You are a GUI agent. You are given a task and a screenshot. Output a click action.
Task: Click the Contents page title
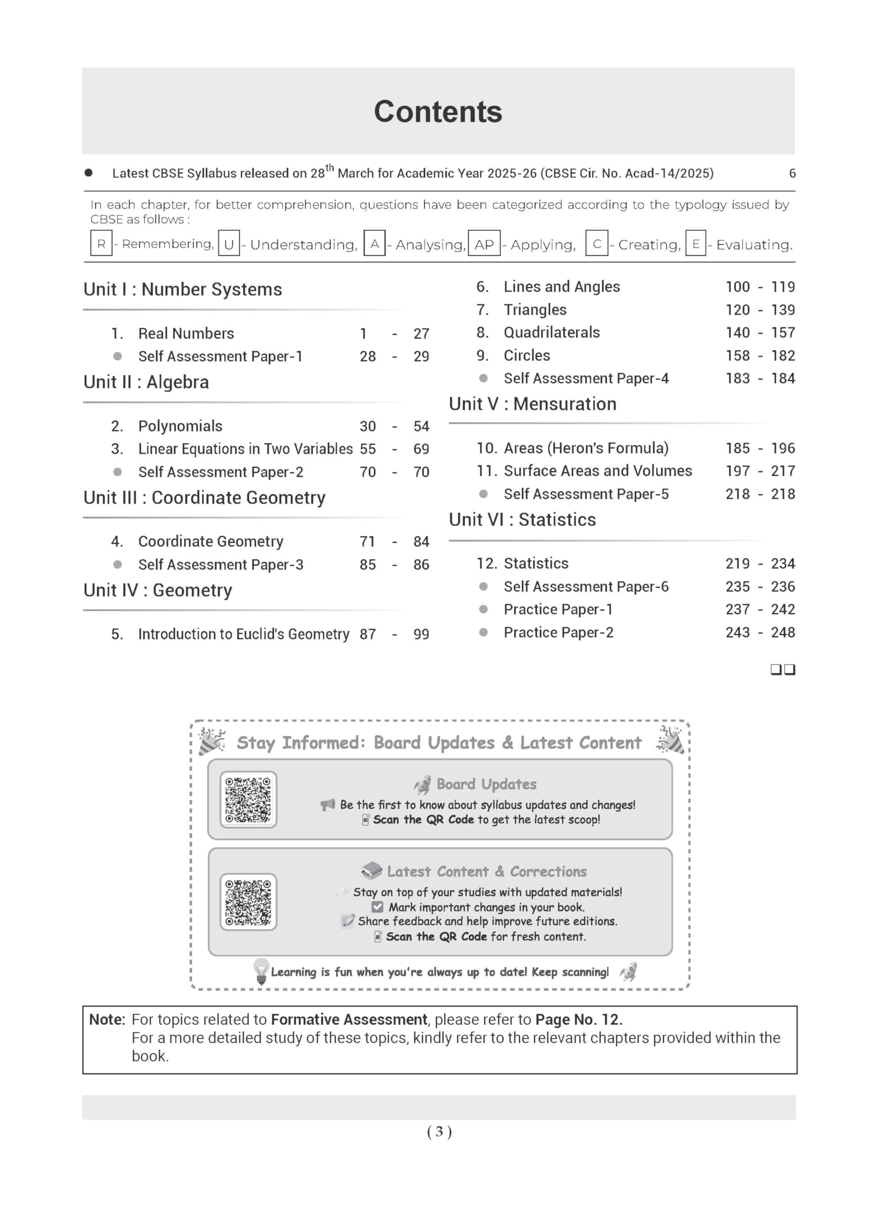pyautogui.click(x=438, y=112)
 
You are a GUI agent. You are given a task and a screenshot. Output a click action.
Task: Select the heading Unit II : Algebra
pyautogui.click(x=146, y=382)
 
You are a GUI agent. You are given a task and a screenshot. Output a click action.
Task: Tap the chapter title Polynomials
pyautogui.click(x=180, y=426)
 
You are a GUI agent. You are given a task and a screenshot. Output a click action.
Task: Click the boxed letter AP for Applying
pyautogui.click(x=484, y=244)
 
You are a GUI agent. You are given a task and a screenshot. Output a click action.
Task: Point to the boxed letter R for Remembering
pyautogui.click(x=101, y=244)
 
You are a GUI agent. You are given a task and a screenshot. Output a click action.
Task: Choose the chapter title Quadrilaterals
pyautogui.click(x=551, y=333)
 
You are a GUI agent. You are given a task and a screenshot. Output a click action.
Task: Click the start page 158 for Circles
pyautogui.click(x=737, y=356)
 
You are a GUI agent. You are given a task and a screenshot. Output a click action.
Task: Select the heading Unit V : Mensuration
pyautogui.click(x=532, y=404)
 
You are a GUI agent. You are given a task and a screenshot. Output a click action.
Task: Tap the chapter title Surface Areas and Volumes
pyautogui.click(x=598, y=471)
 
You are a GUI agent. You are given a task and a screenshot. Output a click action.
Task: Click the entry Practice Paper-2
pyautogui.click(x=558, y=633)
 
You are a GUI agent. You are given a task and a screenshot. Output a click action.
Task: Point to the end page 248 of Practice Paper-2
pyautogui.click(x=783, y=633)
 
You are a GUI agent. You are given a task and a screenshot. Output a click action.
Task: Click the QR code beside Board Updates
pyautogui.click(x=248, y=799)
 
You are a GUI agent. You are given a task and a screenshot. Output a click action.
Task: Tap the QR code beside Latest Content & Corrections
pyautogui.click(x=248, y=902)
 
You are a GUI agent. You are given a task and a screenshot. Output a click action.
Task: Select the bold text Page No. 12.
pyautogui.click(x=579, y=1019)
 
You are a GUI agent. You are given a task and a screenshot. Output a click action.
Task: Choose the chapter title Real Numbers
pyautogui.click(x=186, y=334)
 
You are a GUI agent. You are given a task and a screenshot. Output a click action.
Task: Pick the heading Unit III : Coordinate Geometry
pyautogui.click(x=204, y=498)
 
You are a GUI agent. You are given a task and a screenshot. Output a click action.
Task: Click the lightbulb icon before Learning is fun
pyautogui.click(x=261, y=971)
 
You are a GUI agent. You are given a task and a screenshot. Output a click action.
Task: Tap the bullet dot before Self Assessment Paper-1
pyautogui.click(x=118, y=356)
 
